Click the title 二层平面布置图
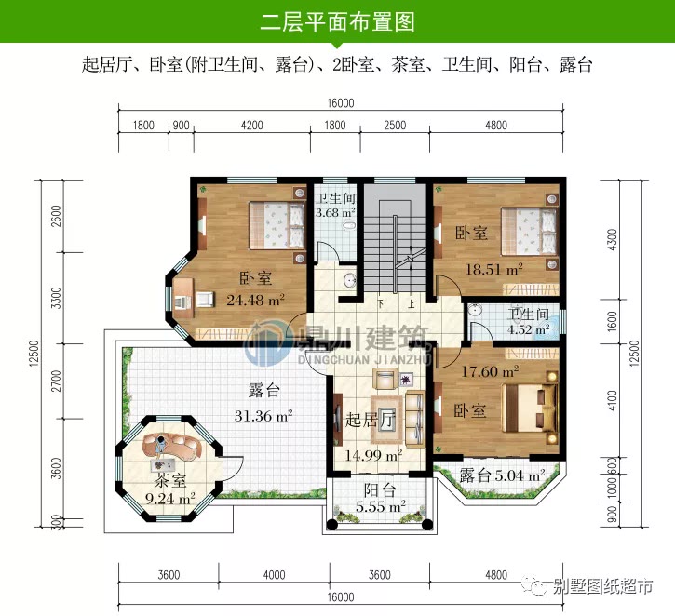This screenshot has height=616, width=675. click(x=337, y=21)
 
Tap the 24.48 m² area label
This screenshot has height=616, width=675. click(x=255, y=300)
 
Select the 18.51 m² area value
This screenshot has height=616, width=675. click(x=493, y=269)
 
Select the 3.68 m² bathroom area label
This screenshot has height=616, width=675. click(x=335, y=214)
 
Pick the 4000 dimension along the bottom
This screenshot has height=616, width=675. click(x=274, y=575)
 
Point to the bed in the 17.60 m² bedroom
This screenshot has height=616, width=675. click(x=530, y=406)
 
